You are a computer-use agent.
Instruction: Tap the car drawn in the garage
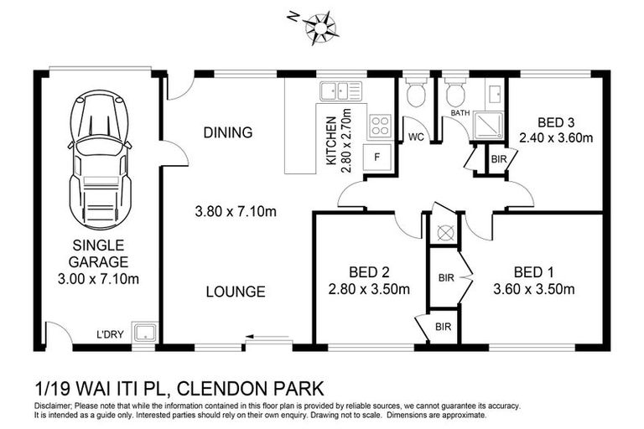(99, 159)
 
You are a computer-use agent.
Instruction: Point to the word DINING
(227, 132)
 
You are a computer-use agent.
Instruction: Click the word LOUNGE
(236, 292)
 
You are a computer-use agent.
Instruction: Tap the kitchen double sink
(340, 90)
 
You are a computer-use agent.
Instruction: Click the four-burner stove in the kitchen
(380, 126)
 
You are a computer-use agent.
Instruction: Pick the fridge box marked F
(377, 157)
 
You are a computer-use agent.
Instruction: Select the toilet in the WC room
(416, 96)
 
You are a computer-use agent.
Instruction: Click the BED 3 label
(556, 122)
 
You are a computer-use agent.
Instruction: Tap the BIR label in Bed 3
(498, 158)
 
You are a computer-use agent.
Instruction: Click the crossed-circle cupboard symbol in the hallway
(444, 231)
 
